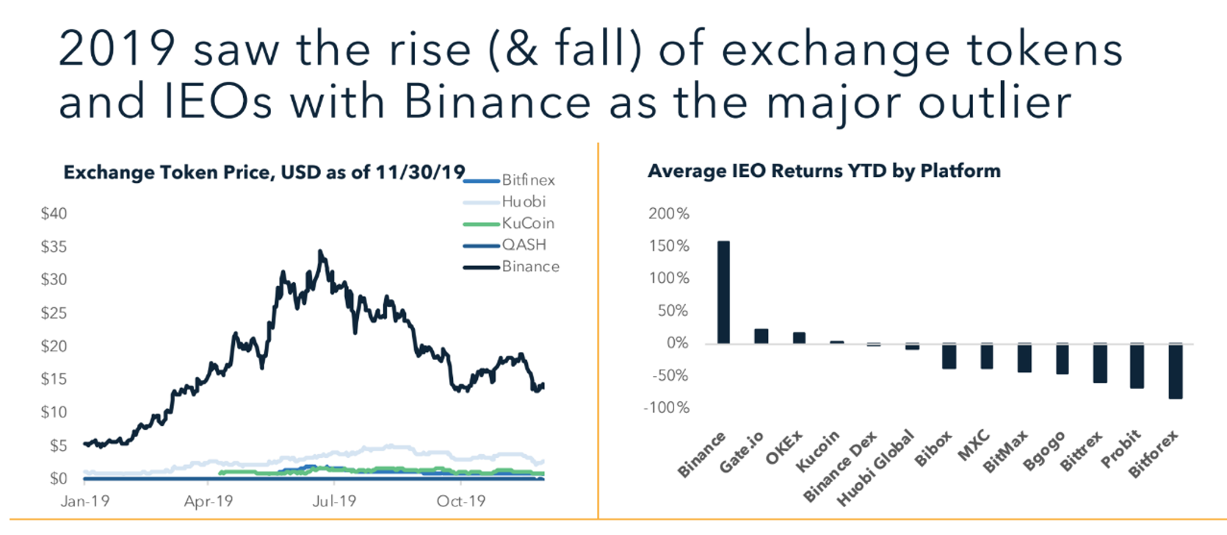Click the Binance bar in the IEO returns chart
723,292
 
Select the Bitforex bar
1176,371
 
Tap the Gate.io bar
761,336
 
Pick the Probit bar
1137,366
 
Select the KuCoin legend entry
509,223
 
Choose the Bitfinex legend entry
509,180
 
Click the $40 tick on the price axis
54,213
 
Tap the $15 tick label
54,378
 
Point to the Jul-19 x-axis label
334,501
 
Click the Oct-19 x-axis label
461,501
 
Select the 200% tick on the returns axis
669,213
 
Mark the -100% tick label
667,408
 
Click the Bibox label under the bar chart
933,449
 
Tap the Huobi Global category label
875,467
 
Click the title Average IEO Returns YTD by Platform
825,171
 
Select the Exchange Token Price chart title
264,172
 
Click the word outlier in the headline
995,102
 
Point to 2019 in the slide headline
117,49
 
